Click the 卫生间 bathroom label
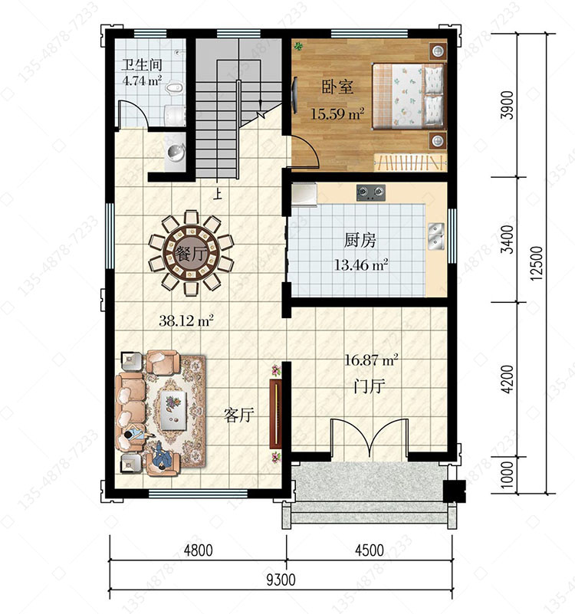141,65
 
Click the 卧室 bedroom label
337,87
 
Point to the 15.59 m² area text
337,114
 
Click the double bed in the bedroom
409,97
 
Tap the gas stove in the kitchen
370,192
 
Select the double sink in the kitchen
436,236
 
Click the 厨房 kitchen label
360,240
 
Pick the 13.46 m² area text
361,265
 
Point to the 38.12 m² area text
186,321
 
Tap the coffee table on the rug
174,411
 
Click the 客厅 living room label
239,415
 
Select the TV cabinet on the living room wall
276,413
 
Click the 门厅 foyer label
370,386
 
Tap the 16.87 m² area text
371,360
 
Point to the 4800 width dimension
199,550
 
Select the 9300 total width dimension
281,580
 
